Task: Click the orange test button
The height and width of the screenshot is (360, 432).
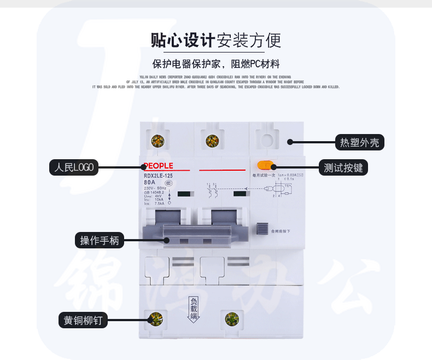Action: click(265, 165)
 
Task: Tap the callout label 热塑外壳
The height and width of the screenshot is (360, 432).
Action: click(359, 143)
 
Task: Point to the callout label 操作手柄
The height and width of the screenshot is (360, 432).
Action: click(99, 240)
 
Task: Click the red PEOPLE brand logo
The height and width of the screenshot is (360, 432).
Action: click(159, 166)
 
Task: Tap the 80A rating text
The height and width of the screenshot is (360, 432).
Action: click(149, 183)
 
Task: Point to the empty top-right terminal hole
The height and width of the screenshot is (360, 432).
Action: click(266, 141)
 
